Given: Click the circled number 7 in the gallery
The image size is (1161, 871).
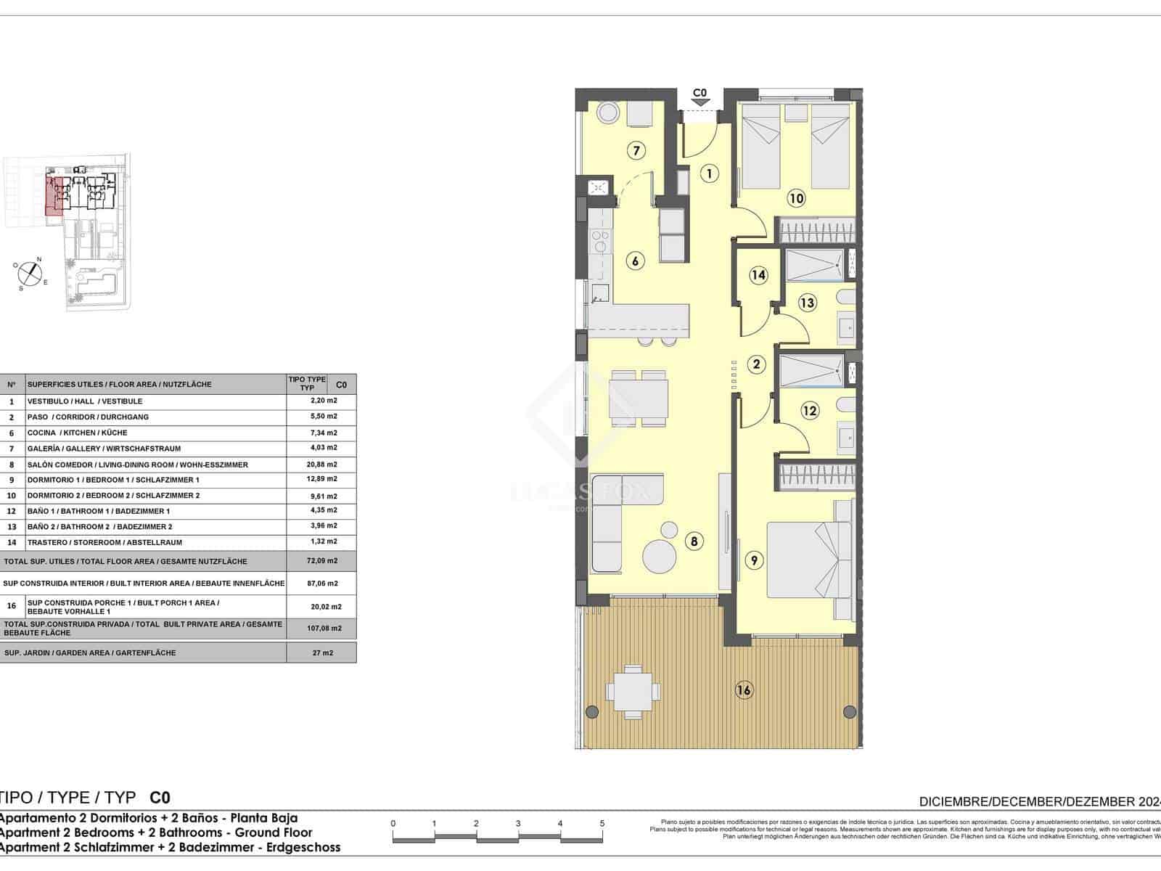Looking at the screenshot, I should click(x=636, y=151).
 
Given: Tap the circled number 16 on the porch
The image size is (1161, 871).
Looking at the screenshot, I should click(x=744, y=690).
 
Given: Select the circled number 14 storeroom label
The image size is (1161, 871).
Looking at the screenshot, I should click(x=758, y=275).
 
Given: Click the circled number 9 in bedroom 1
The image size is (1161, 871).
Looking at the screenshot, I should click(x=754, y=560).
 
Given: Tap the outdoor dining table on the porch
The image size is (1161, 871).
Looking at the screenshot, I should click(x=633, y=690).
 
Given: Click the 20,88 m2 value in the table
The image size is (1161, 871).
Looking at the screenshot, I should click(x=322, y=465).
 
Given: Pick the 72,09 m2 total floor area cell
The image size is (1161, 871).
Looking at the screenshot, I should click(x=322, y=561).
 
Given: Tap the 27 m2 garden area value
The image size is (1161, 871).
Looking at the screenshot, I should click(x=322, y=653).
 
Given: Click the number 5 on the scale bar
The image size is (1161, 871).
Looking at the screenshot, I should click(x=602, y=824).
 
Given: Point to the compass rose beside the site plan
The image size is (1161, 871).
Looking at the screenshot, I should click(x=30, y=273).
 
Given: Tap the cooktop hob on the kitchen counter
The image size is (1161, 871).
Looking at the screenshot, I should click(x=600, y=240).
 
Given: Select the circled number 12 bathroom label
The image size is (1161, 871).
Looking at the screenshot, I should click(x=810, y=411).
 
